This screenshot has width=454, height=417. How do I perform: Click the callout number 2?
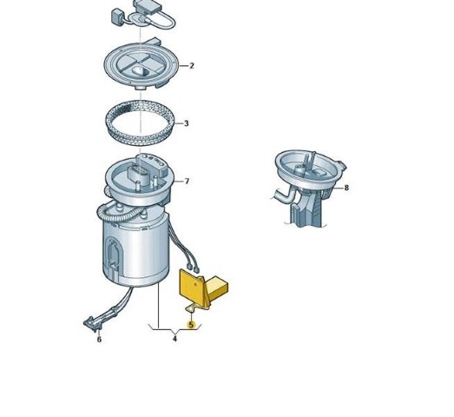click(191, 66)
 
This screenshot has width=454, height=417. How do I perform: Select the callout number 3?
click(186, 123)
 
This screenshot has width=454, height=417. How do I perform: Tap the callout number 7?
click(187, 182)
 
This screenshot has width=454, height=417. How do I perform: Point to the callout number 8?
click(346, 188)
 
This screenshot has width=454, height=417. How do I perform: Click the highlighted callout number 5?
click(191, 325)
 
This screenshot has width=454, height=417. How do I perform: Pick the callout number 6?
click(99, 340)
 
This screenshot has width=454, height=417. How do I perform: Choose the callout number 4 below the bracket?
click(174, 339)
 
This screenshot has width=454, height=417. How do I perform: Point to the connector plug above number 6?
click(92, 323)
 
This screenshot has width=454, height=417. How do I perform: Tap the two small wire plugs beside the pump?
click(193, 268)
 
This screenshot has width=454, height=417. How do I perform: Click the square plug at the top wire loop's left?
click(116, 16)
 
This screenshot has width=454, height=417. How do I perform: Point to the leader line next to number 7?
click(179, 182)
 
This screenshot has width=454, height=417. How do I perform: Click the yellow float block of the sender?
click(218, 287)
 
